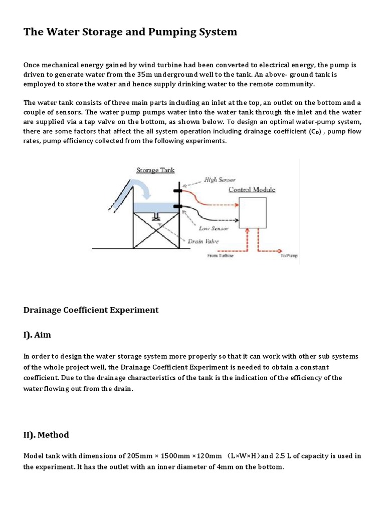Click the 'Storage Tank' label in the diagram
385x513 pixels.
point(155,170)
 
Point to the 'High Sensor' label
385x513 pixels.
point(219,179)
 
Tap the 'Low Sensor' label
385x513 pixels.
point(214,228)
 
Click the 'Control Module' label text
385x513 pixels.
point(252,189)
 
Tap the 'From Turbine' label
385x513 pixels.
point(220,255)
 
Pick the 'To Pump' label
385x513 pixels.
point(289,255)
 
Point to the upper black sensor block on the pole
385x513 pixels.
point(176,191)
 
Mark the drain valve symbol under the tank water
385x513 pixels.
point(156,216)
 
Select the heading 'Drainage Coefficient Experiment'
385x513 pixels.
point(91,310)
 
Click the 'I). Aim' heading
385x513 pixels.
point(37,335)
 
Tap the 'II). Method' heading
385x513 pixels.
point(46,434)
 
